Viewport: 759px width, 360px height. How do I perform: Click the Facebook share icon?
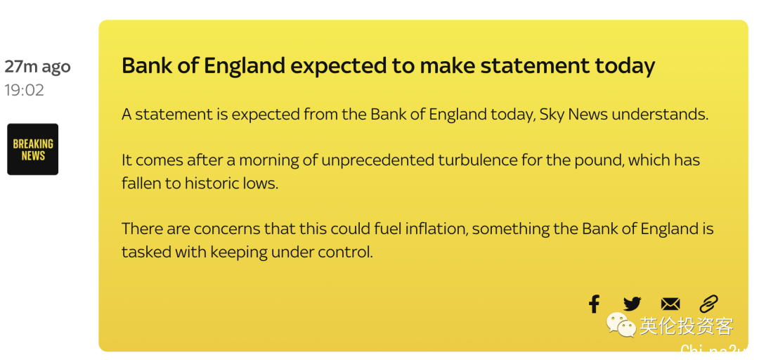pos(594,304)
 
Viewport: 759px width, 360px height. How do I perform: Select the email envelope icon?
pos(670,304)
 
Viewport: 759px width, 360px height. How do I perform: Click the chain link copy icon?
pos(708,304)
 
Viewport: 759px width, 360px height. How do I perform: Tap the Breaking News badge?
pos(33,149)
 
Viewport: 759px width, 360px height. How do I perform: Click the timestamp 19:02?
pos(25,90)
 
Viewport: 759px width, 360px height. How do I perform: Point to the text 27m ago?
pos(38,66)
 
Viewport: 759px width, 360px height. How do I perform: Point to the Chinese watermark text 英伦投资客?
pos(687,326)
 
